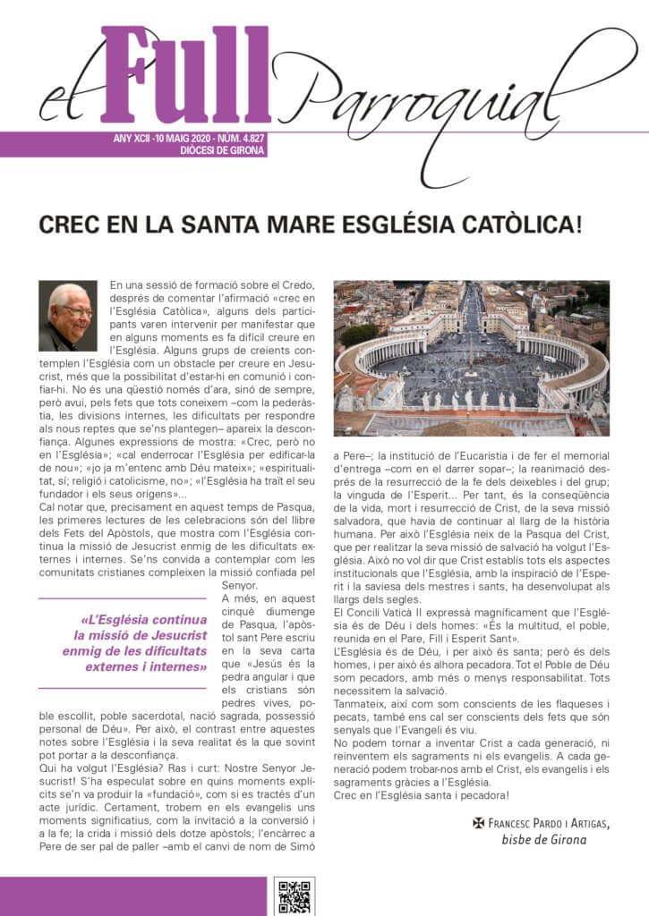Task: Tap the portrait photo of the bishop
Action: [67, 316]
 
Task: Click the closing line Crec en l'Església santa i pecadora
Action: [433, 795]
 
